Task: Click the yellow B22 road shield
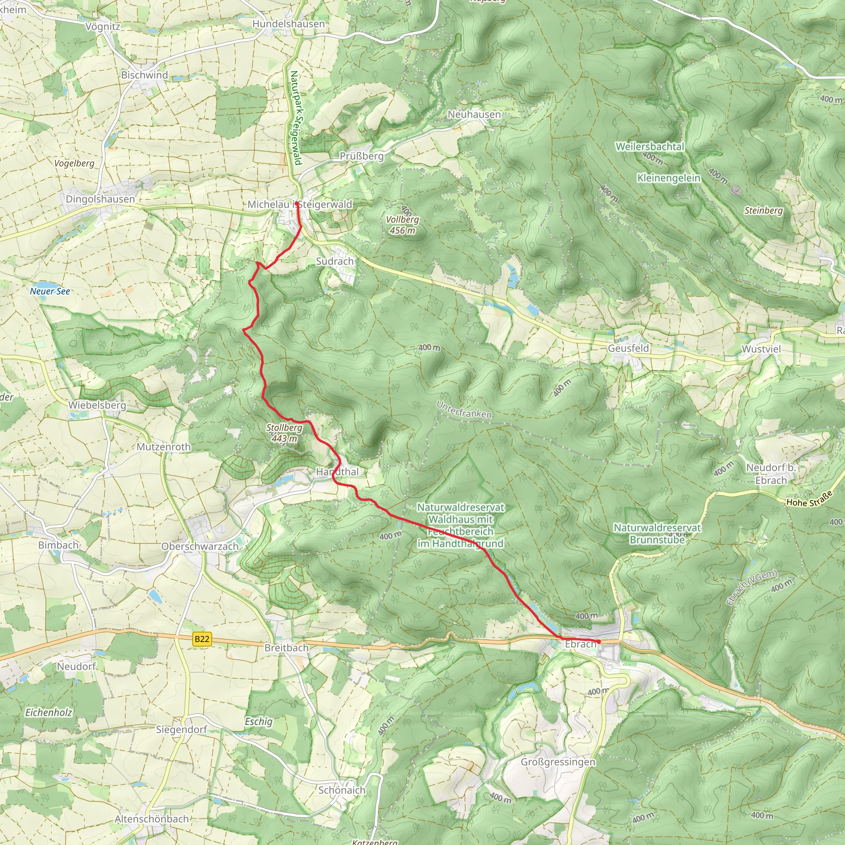pos(202,639)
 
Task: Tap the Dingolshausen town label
pos(100,199)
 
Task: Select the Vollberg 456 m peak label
pos(402,225)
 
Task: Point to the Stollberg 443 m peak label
pos(284,432)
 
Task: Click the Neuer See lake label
pos(50,291)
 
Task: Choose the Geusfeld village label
pos(628,348)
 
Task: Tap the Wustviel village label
pos(761,349)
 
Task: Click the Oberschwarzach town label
pos(200,546)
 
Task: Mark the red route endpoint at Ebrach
pos(598,642)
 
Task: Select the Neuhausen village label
pos(474,114)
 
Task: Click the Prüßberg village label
pos(362,156)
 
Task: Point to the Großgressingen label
pos(558,762)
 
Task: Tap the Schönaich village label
pos(342,790)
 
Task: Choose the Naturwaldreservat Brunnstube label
pos(657,533)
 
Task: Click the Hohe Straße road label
pos(809,499)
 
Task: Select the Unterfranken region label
pos(464,410)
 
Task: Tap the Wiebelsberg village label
pos(97,405)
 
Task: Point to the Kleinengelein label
pos(669,178)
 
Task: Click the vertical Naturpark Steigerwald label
pos(296,118)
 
